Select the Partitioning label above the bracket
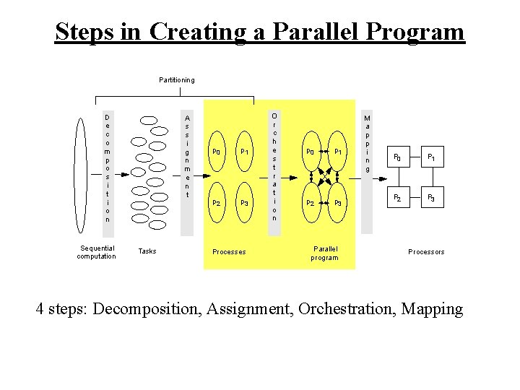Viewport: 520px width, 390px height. [176, 79]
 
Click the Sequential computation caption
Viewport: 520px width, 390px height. [96, 252]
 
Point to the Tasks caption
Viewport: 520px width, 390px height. [147, 251]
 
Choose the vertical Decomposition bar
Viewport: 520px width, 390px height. [108, 168]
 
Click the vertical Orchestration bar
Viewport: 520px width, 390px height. [274, 167]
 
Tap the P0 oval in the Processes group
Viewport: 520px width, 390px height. [216, 152]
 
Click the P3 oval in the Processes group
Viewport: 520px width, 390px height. [245, 203]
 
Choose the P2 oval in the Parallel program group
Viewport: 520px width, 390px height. [310, 203]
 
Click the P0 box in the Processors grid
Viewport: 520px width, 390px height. [396, 157]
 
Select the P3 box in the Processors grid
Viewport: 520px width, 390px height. [431, 197]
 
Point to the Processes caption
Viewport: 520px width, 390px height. [229, 252]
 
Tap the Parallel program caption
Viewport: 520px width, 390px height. [324, 253]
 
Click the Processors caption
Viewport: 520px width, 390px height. [426, 252]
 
